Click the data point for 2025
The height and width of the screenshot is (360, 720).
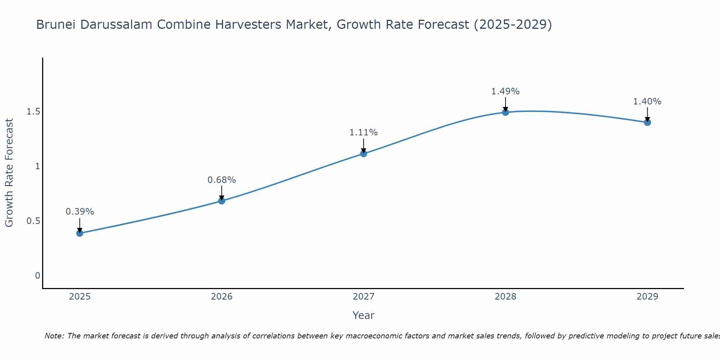click(x=80, y=233)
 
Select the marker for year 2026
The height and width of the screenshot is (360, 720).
click(x=222, y=201)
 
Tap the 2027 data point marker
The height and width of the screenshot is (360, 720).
click(x=364, y=154)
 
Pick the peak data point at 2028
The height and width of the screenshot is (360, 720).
click(x=505, y=112)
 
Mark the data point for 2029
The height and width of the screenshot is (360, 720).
click(x=647, y=122)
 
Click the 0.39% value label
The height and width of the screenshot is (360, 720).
click(x=80, y=212)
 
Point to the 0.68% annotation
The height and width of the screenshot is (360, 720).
click(x=222, y=180)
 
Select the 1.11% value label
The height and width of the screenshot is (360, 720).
click(x=364, y=132)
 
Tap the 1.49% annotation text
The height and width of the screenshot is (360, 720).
click(x=505, y=91)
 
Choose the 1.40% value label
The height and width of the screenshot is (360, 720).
click(x=647, y=102)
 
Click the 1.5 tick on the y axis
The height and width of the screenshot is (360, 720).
click(x=33, y=112)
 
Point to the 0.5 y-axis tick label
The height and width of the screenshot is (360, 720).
click(x=33, y=221)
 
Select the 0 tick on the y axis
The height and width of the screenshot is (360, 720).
click(x=37, y=276)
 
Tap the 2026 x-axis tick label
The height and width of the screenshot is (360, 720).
click(x=222, y=297)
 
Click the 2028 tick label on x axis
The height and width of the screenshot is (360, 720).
click(x=505, y=297)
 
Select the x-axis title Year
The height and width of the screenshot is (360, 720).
click(x=364, y=315)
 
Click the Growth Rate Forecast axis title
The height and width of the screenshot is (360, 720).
click(x=9, y=173)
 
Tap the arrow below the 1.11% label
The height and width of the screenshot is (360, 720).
click(x=364, y=145)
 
